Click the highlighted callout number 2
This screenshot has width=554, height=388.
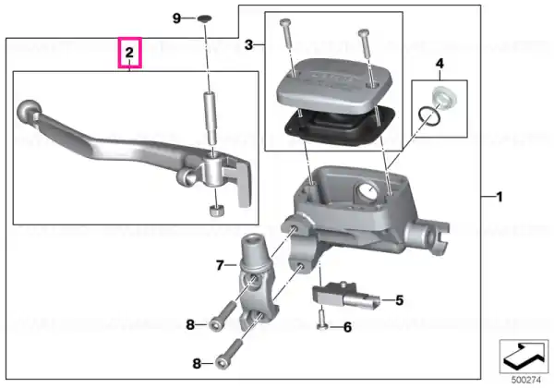coord(129,53)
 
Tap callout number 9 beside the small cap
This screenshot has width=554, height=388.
coord(176,18)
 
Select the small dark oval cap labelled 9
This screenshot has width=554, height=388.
coord(204,18)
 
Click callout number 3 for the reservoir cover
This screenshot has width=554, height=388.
coord(248,45)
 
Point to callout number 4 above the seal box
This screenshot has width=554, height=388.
coord(440,64)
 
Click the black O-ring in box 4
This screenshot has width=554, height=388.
coord(429,117)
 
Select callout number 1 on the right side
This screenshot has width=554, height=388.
coord(500,197)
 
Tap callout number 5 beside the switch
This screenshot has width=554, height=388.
coord(399,300)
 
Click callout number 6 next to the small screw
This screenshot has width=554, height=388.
coord(348,328)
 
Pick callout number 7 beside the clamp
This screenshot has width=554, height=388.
coord(220,265)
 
